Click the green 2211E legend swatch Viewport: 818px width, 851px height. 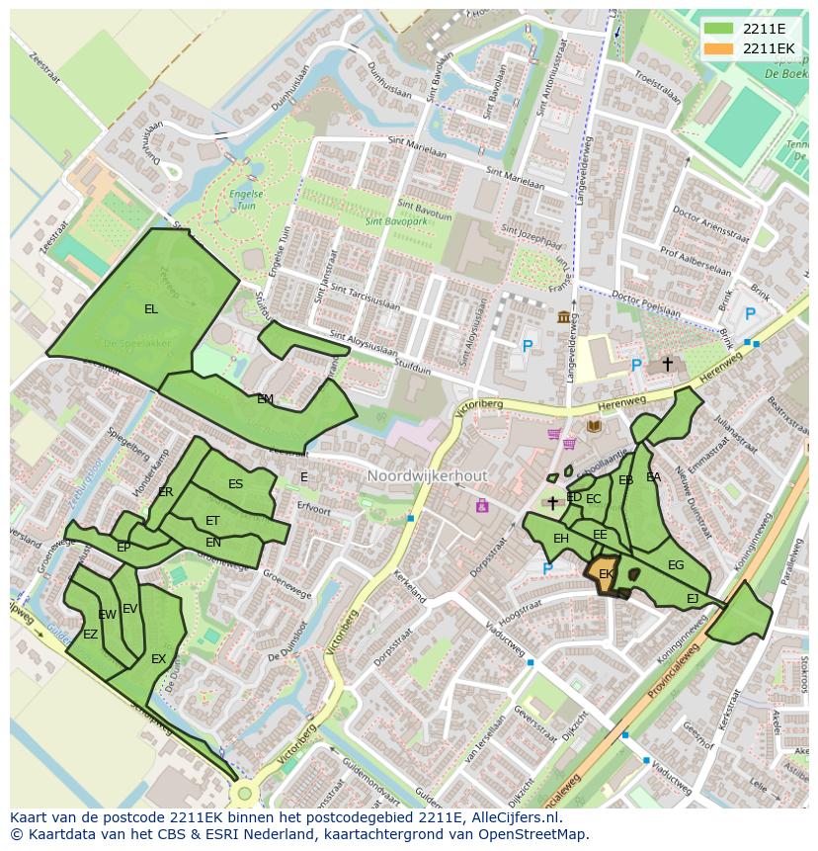tap(718, 28)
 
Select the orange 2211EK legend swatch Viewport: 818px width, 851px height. tap(718, 48)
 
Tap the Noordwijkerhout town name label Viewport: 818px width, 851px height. tap(427, 476)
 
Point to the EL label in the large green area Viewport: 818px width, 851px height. tap(150, 309)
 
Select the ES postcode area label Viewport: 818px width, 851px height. tap(235, 484)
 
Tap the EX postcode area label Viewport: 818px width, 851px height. tap(158, 659)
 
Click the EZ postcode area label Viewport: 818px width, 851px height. tap(90, 635)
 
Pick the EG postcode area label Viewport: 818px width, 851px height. tap(676, 565)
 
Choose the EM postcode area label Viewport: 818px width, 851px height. tap(265, 399)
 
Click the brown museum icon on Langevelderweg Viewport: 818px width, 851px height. tap(564, 316)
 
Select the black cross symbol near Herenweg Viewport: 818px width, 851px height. tap(667, 365)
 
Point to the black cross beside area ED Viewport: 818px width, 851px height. tap(552, 503)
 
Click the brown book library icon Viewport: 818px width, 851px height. tap(594, 426)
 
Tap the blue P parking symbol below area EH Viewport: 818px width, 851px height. tap(547, 568)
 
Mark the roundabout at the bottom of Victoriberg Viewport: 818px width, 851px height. tap(244, 793)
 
